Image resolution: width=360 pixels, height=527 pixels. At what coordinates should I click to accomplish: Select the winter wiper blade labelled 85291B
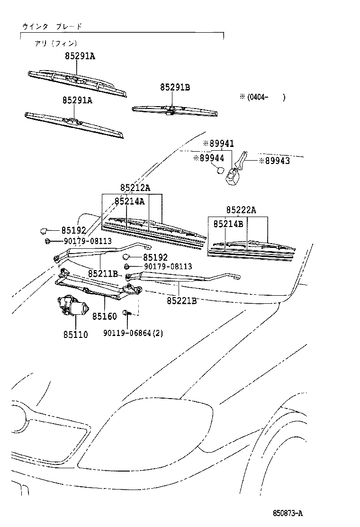click(175, 110)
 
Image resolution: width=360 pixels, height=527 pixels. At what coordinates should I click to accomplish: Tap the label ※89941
click(218, 143)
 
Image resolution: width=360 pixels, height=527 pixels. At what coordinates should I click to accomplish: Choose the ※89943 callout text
click(274, 161)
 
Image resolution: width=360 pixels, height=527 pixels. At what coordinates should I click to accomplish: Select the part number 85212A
click(135, 188)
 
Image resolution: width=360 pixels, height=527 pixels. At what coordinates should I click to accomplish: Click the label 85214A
click(129, 201)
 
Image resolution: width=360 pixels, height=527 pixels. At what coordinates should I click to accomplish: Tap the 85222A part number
click(241, 210)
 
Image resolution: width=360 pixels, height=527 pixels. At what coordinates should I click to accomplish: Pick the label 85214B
click(228, 223)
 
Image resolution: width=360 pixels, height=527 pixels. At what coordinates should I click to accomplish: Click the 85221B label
click(181, 300)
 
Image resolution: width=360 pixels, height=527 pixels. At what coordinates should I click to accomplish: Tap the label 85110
click(75, 335)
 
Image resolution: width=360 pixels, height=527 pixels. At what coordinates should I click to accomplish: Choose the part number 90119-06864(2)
click(133, 333)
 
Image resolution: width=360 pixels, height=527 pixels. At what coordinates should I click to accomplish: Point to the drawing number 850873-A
click(287, 513)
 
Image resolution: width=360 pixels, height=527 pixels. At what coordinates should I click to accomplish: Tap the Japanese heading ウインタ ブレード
click(52, 27)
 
